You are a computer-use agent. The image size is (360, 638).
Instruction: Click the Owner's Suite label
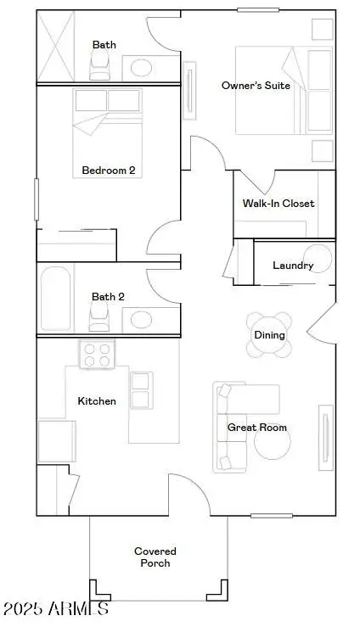click(256, 85)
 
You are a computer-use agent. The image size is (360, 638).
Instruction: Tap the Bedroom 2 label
click(108, 170)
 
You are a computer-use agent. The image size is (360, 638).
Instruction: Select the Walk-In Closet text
click(278, 204)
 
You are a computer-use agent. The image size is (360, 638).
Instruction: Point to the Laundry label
click(293, 266)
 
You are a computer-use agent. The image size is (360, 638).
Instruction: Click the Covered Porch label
click(155, 557)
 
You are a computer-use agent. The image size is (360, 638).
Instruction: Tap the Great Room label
click(256, 428)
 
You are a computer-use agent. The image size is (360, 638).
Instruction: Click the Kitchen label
click(97, 400)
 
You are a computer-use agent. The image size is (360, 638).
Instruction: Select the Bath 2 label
click(108, 296)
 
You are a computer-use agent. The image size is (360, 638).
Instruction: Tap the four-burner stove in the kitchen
click(98, 354)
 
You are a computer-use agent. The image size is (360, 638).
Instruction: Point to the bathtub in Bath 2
click(56, 298)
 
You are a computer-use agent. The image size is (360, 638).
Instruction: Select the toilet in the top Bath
click(100, 65)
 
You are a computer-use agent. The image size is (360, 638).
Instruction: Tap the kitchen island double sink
click(141, 389)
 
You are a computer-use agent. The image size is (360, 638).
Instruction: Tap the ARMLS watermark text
click(55, 608)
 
